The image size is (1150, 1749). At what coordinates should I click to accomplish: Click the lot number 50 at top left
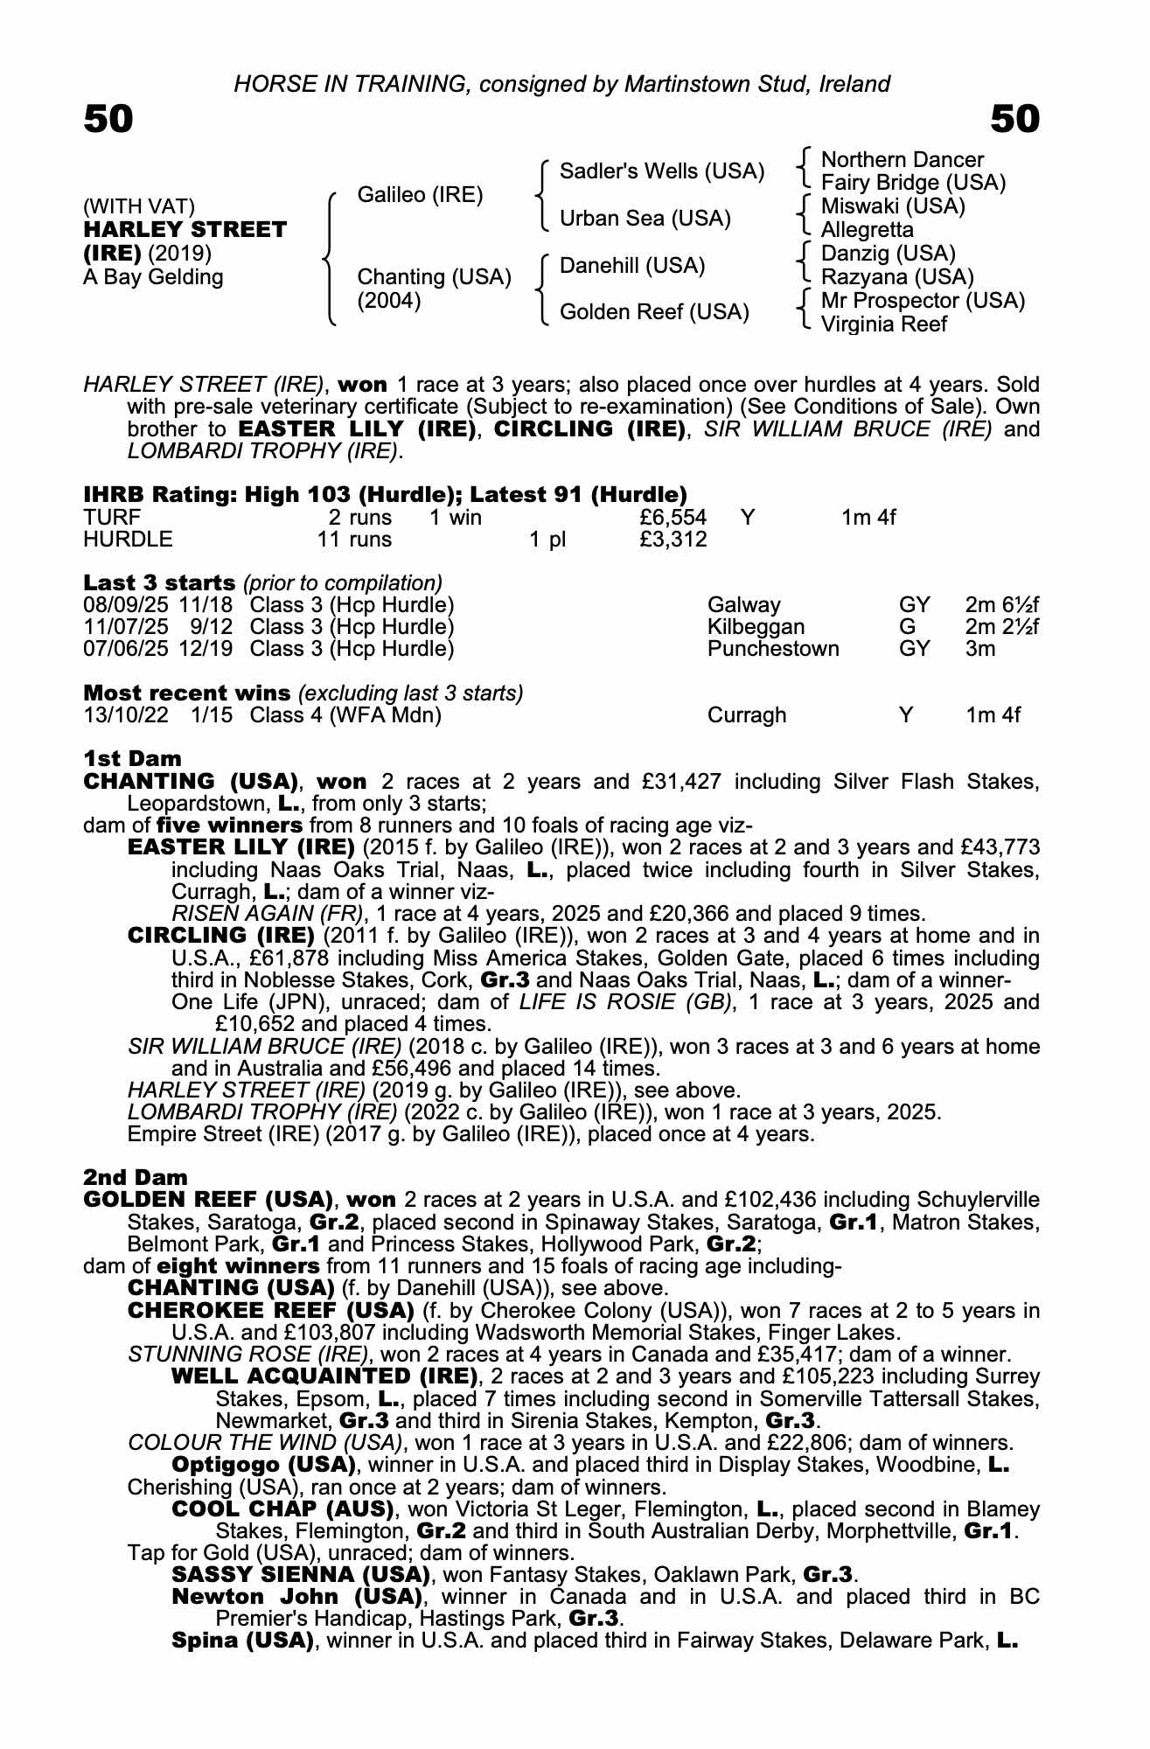point(108,120)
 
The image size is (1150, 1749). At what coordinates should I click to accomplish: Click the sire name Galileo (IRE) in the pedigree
point(420,195)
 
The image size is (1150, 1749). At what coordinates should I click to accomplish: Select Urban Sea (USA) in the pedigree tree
point(645,219)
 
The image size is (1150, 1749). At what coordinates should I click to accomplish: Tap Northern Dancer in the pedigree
point(902,160)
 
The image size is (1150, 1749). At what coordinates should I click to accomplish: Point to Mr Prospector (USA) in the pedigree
point(923,301)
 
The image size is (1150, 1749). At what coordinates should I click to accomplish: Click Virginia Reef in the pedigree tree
point(883,324)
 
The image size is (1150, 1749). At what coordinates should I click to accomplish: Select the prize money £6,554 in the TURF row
point(673,518)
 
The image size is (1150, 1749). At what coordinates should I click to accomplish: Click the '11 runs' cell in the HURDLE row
point(354,540)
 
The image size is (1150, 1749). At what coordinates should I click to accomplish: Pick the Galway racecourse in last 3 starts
point(743,605)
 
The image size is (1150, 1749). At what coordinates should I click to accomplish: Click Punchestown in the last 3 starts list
point(772,649)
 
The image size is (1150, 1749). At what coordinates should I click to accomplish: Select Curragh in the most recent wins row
point(746,715)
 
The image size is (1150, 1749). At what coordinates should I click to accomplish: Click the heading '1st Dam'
point(132,758)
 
